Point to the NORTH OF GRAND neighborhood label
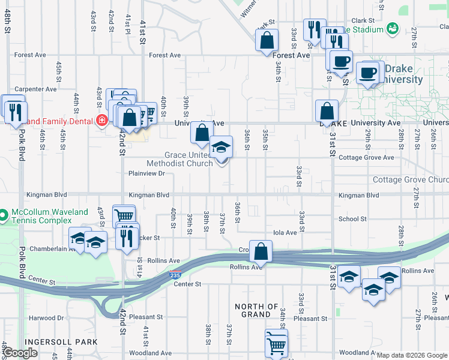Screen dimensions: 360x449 (x=256, y=310)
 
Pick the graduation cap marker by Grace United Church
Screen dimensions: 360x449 (x=221, y=147)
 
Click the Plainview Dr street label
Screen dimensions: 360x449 (x=146, y=173)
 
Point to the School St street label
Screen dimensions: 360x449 (x=352, y=220)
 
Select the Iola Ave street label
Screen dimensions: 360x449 (x=285, y=233)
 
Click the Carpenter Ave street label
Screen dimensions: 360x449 (x=35, y=89)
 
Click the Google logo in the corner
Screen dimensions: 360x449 (x=21, y=353)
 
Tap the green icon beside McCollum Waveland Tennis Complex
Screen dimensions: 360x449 (x=4, y=214)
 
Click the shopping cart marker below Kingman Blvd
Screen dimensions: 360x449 (x=124, y=216)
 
